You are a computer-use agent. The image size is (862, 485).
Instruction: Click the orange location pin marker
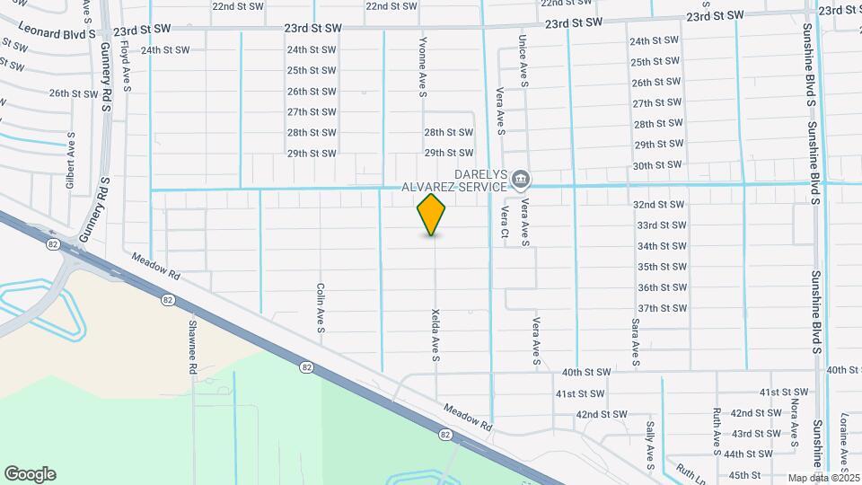tap(432, 214)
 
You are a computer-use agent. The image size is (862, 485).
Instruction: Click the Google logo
tap(30, 474)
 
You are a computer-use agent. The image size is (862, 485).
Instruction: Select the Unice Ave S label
tap(522, 61)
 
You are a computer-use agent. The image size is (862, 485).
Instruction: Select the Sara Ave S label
tap(635, 342)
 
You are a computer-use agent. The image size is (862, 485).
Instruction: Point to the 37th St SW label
tap(662, 308)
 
